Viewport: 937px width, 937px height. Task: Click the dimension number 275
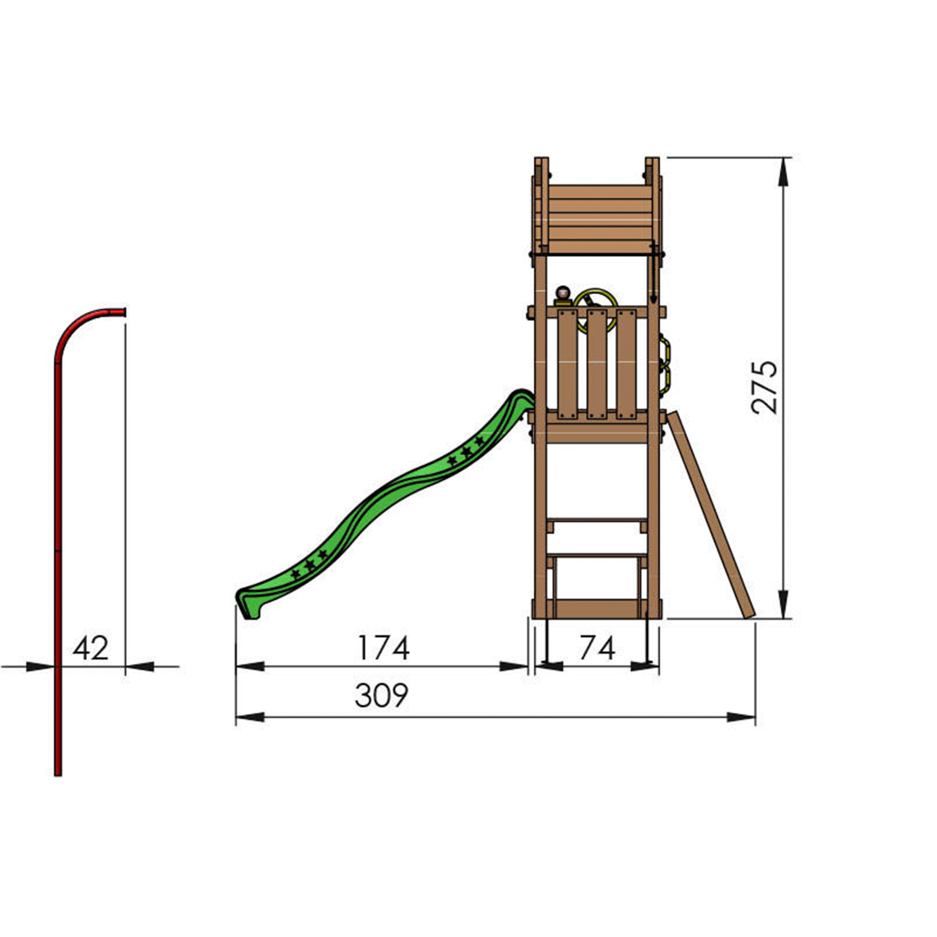[765, 387]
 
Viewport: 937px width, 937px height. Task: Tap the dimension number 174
[383, 648]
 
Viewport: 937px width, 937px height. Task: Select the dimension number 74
[597, 648]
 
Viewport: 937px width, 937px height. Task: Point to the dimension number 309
[382, 695]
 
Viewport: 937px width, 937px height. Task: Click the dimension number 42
[91, 648]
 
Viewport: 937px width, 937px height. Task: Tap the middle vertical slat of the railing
[596, 364]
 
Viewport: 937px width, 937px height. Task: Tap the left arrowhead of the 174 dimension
[249, 666]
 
